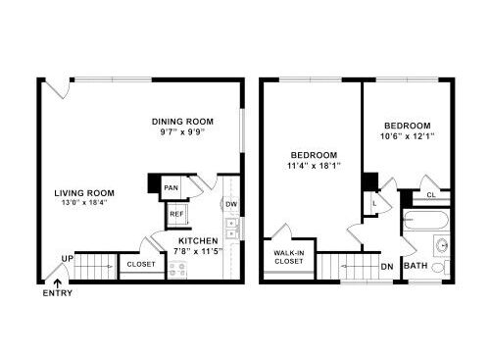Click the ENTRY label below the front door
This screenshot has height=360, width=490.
pos(58,293)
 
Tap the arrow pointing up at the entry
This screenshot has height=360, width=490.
pos(58,283)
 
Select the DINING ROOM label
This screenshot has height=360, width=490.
pos(182,122)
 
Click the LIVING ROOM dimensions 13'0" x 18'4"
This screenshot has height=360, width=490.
pos(84,202)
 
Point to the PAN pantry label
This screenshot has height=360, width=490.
pos(171,188)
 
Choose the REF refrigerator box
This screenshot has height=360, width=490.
pos(177,215)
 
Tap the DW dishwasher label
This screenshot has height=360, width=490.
pos(231,205)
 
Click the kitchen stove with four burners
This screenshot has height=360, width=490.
pos(177,270)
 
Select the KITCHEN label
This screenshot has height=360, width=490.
pos(198,241)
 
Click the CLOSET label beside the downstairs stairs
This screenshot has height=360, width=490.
pos(141,264)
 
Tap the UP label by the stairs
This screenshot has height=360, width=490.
pos(68,259)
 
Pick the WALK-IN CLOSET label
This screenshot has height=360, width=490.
pos(289,257)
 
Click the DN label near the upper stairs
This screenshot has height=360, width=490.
pos(387,267)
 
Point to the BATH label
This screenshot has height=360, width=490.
pos(416,266)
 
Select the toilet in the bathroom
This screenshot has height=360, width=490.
pos(440,268)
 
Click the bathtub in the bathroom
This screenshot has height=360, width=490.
pos(426,220)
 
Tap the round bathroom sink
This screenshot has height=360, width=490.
pos(442,244)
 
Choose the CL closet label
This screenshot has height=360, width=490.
pos(431,195)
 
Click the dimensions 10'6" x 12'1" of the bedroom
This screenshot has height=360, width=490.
pos(407,136)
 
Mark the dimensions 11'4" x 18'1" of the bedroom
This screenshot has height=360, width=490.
pos(314,166)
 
